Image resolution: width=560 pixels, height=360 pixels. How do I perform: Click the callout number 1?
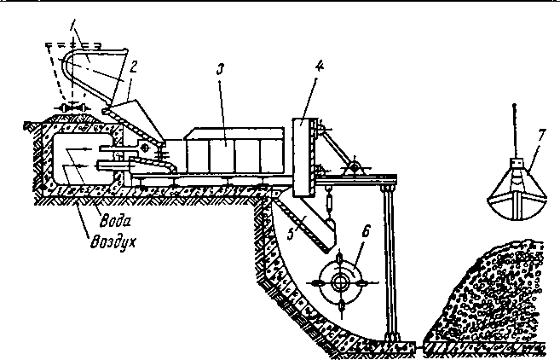(72, 24)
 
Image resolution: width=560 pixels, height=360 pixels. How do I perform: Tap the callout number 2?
(133, 67)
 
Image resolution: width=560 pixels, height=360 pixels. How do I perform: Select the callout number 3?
(221, 69)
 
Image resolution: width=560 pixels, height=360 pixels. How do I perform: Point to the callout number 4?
(320, 67)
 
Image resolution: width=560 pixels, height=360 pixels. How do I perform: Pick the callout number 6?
(366, 232)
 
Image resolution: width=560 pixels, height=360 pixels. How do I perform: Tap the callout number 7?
(541, 136)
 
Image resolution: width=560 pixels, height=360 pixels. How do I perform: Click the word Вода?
(115, 221)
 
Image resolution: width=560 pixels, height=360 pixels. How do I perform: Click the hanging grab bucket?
(517, 193)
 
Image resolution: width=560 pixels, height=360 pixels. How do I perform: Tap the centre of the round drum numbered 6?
(340, 282)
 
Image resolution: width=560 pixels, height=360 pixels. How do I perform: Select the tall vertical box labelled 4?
(304, 157)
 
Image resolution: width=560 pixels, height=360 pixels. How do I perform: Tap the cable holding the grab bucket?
(514, 131)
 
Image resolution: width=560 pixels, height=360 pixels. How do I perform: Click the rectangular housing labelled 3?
(234, 151)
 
